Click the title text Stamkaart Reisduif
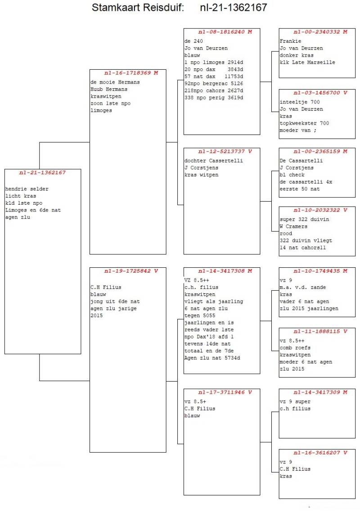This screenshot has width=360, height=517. pos(138,8)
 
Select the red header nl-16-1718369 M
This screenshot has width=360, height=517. pos(128,73)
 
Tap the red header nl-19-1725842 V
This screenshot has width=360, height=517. pos(128,271)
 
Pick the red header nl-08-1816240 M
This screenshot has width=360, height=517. pos(222,32)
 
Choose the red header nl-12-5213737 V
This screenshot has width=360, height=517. pos(222,151)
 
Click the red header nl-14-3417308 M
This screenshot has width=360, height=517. pos(222,271)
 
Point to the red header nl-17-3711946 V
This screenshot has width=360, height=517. pos(222,392)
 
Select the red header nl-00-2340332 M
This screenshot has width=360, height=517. pos(317,32)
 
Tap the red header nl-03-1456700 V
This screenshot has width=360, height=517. pos(317,93)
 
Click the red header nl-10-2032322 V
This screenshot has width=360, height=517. pos(317,210)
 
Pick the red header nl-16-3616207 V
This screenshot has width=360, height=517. pos(317,453)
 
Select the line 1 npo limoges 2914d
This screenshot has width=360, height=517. pos(214,63)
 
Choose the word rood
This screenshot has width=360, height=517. pos(286,234)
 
